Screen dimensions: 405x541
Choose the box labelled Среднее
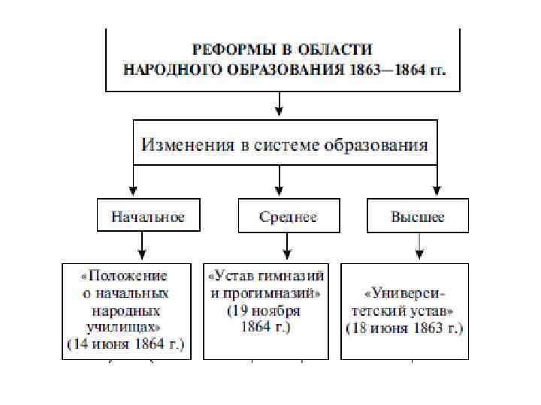pyautogui.click(x=288, y=217)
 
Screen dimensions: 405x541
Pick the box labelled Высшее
pyautogui.click(x=418, y=217)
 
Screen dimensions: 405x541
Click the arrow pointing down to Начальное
pyautogui.click(x=133, y=181)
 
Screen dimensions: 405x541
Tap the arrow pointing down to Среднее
pyautogui.click(x=280, y=181)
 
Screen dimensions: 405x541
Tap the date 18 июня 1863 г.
pyautogui.click(x=404, y=328)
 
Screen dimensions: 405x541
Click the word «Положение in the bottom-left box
pyautogui.click(x=125, y=275)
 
